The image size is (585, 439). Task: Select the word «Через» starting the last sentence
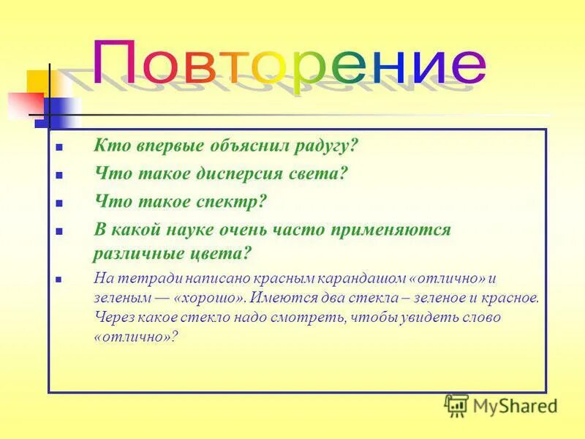click(x=113, y=318)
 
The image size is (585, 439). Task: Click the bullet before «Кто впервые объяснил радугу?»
click(x=59, y=146)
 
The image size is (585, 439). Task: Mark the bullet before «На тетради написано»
click(x=59, y=279)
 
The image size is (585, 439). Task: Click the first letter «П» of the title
click(x=118, y=63)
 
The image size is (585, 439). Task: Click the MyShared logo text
click(x=515, y=405)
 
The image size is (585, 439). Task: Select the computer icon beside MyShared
click(x=456, y=405)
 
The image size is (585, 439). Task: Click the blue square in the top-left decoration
click(x=57, y=110)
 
